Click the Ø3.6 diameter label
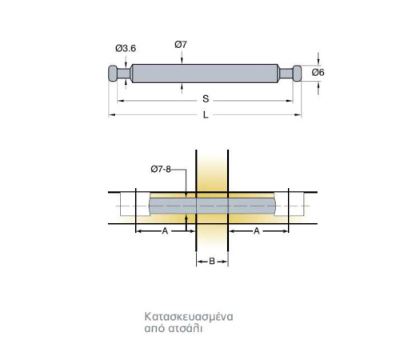point(126,49)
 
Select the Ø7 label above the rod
point(181,45)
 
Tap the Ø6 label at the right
point(318,72)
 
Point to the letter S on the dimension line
point(206,99)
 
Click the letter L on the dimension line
point(206,115)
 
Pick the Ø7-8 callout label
point(161,169)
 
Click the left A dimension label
point(165,231)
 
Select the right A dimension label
point(257,231)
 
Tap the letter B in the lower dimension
point(212,261)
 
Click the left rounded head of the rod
point(113,74)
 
